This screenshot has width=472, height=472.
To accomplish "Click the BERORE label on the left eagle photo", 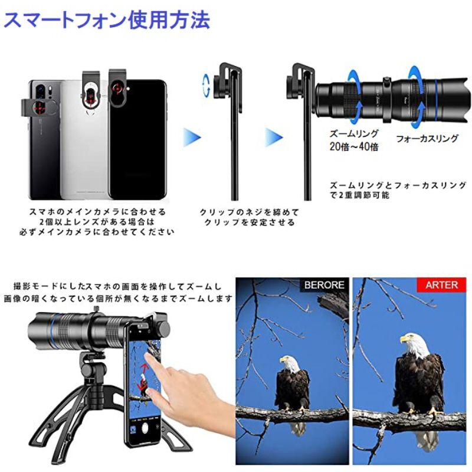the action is click(x=324, y=285).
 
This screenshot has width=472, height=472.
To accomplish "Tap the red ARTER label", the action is click(x=441, y=285).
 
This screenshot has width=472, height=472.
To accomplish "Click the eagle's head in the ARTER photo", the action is click(x=414, y=343).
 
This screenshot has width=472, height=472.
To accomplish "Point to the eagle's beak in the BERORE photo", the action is click(x=283, y=360).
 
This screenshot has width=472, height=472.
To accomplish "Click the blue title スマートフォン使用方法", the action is click(x=107, y=20).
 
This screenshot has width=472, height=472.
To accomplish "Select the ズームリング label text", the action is click(x=353, y=133).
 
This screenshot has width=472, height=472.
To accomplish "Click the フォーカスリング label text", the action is click(x=427, y=138).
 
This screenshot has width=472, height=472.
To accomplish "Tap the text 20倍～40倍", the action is click(x=353, y=146).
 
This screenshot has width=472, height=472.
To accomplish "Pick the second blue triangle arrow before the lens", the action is click(x=274, y=137).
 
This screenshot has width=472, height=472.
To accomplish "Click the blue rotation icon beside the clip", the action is click(x=206, y=86).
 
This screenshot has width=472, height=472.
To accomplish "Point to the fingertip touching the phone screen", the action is click(x=148, y=356).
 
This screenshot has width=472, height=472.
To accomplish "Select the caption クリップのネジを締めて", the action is click(x=249, y=212).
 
